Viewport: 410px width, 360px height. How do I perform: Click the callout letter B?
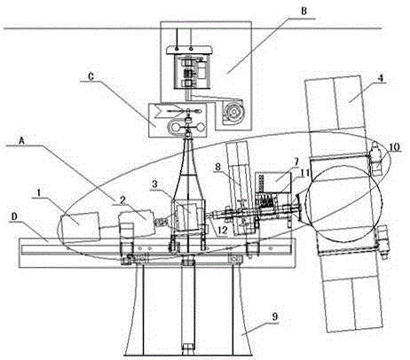(x=304, y=12)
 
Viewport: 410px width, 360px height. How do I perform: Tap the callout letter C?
(x=91, y=76)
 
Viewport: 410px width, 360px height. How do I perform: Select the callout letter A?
(x=21, y=140)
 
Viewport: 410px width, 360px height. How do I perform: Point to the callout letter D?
(x=14, y=216)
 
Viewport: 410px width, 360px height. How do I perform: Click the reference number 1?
(x=38, y=192)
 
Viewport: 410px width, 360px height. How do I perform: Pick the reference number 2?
(x=123, y=200)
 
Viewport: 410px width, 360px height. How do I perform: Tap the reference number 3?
(x=154, y=184)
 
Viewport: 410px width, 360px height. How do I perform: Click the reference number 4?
(x=381, y=78)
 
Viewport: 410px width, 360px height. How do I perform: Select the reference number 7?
(x=296, y=162)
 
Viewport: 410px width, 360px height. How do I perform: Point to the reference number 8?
(x=217, y=167)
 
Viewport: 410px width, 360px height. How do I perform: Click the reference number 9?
(x=275, y=317)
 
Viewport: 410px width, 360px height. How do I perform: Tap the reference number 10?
(x=394, y=147)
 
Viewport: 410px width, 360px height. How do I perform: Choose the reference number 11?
(x=305, y=173)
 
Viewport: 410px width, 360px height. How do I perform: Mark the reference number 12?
(x=223, y=231)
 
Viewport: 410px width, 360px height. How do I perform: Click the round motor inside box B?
(x=233, y=113)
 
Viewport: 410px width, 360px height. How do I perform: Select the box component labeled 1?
(x=80, y=226)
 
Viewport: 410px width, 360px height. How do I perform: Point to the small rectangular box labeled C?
(x=177, y=120)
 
